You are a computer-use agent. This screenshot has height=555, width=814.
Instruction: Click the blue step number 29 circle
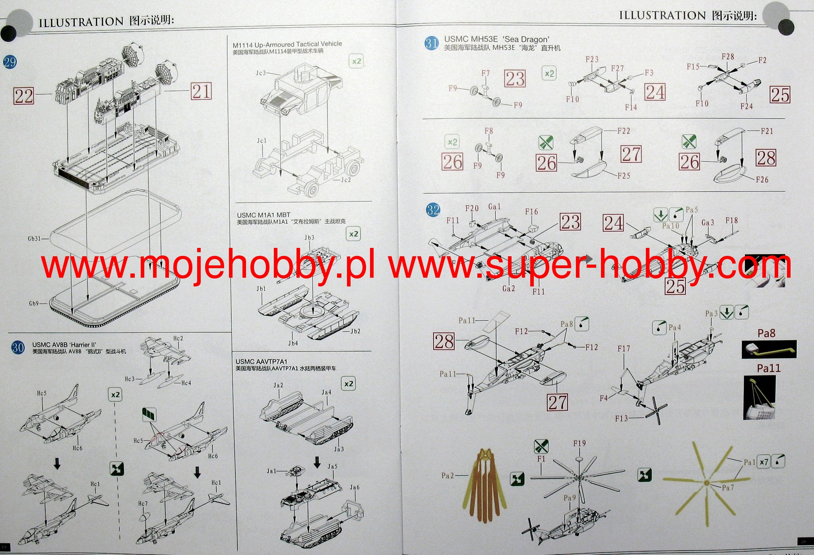(10, 62)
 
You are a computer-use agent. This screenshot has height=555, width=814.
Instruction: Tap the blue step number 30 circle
(18, 348)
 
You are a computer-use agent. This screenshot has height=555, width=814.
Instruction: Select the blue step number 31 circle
(432, 43)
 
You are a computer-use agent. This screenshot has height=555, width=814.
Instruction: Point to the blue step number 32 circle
(433, 210)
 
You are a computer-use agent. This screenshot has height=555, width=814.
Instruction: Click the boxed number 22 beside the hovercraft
(23, 96)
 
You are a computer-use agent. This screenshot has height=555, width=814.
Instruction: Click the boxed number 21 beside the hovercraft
(201, 92)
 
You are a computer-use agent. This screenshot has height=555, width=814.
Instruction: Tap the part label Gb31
(34, 239)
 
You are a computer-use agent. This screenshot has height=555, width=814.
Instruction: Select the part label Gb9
(34, 304)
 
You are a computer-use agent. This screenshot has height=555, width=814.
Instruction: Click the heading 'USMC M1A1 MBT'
(264, 215)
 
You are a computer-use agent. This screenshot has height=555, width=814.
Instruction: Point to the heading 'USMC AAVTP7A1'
(261, 362)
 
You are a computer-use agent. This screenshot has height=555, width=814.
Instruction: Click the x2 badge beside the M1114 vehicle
(356, 61)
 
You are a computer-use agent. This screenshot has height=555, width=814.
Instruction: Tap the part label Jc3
(261, 73)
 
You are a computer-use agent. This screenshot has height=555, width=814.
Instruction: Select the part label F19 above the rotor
(579, 443)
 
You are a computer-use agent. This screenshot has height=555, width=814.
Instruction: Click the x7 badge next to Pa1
(764, 462)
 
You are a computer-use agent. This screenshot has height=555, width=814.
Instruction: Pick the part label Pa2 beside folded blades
(448, 476)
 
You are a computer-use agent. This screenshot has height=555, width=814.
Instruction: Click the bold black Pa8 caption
(766, 333)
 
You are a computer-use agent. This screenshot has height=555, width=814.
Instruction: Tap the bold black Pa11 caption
(768, 368)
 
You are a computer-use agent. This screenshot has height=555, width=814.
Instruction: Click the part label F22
(623, 131)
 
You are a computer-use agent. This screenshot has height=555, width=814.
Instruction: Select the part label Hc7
(143, 504)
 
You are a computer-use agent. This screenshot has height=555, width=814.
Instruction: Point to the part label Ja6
(355, 487)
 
